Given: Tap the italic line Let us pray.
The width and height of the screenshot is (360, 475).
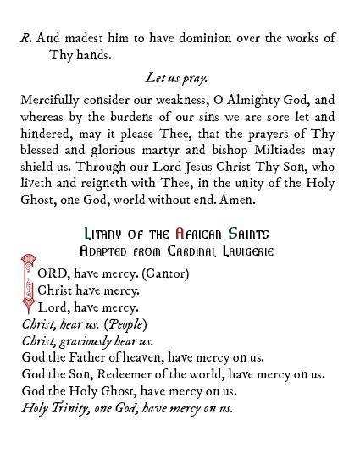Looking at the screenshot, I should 175,79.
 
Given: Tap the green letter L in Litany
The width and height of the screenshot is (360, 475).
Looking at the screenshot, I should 89,234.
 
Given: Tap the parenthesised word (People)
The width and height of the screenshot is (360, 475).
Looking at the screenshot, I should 124,324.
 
